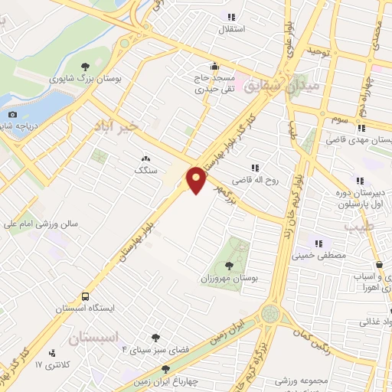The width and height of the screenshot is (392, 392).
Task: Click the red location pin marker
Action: tap(197, 179)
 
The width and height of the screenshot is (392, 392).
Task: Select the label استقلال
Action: tap(232, 30)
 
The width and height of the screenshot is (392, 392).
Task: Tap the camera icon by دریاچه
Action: tap(11, 115)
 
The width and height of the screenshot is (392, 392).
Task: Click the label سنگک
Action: tap(145, 171)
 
